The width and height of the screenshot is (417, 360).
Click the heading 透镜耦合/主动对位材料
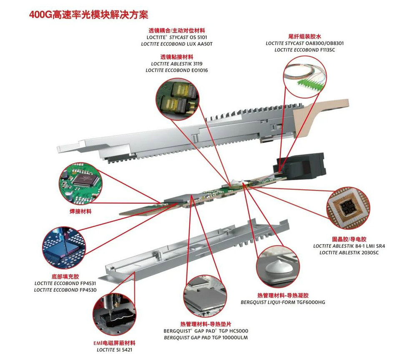coord(177,31)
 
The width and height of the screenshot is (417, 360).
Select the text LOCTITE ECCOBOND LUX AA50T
coord(177,44)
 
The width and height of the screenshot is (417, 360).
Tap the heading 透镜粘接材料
coord(177,57)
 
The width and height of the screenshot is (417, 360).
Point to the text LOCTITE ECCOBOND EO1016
coord(177,70)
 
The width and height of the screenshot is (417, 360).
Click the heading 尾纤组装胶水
coord(305,36)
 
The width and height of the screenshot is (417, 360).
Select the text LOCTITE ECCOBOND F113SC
coord(305,50)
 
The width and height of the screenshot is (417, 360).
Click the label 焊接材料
coord(80,211)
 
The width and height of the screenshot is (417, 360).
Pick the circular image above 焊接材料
coord(80,184)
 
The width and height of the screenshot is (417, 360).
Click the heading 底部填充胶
coord(65,277)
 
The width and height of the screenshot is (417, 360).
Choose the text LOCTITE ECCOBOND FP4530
coord(65,290)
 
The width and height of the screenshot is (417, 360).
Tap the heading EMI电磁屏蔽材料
coord(114,343)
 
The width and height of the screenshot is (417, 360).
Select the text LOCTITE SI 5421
coord(114,350)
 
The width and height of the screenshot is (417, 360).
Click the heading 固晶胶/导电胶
coord(349,239)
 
